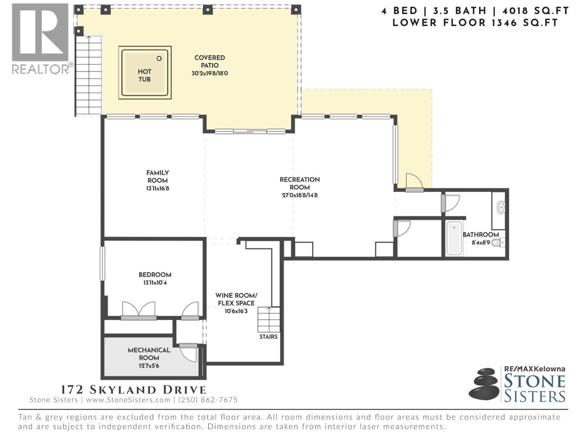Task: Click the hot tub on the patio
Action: pos(145,72)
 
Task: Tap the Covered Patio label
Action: pos(210,62)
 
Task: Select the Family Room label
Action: pos(157,177)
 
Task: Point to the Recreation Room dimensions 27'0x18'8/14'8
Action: pos(300,195)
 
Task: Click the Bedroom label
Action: pos(155,275)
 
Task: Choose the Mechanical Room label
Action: pos(149,354)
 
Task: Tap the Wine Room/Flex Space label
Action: pos(236,299)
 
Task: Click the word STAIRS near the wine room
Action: pos(268,337)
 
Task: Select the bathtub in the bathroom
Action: pos(454,238)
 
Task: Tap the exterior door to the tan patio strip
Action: pos(414,182)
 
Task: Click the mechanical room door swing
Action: pos(189,353)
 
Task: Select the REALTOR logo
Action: pos(40,38)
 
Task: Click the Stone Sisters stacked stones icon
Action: pos(484,384)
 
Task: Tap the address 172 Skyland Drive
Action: pos(133,390)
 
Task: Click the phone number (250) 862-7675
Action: pos(208,400)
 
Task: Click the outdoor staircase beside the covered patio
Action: pos(88,75)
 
